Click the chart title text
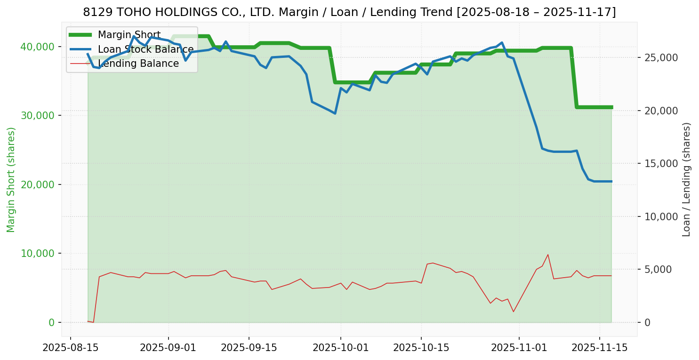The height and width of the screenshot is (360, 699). pos(349,12)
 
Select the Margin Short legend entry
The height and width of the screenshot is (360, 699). pos(129,35)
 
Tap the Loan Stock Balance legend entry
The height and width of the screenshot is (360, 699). pos(145,49)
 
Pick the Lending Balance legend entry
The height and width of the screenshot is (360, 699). pos(138,64)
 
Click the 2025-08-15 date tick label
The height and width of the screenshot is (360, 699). pos(71,348)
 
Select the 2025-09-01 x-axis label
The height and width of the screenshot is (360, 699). pos(168,348)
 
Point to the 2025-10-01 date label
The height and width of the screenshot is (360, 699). pos(341,348)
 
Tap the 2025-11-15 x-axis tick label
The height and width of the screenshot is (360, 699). pos(599,348)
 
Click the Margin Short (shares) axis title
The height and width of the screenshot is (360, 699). pos(11,180)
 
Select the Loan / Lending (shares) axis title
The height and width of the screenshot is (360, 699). pos(686,179)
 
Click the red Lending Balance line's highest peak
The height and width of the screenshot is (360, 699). pos(548,255)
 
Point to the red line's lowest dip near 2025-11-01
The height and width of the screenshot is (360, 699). pos(514,312)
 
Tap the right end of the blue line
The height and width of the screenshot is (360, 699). pos(611,181)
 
